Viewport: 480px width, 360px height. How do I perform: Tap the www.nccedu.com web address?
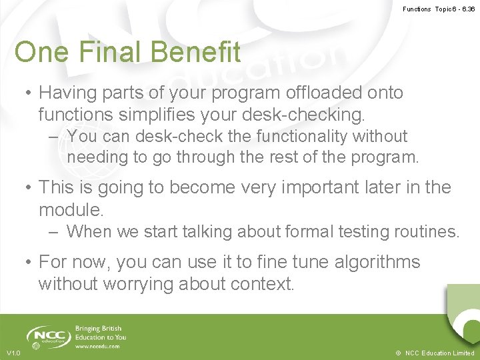click(x=98, y=346)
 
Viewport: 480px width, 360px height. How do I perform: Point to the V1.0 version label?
click(x=13, y=353)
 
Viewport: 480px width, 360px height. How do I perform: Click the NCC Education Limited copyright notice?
click(x=434, y=353)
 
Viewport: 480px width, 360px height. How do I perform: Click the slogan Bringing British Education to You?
click(x=100, y=333)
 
